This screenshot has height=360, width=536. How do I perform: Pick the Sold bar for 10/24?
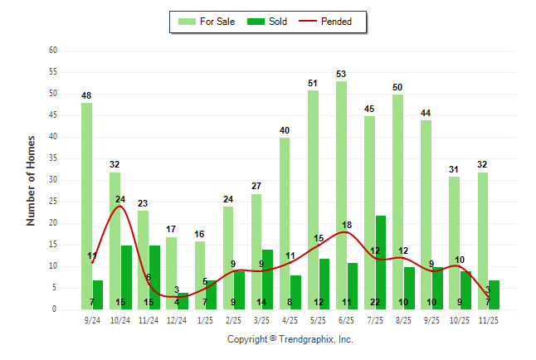point(126,277)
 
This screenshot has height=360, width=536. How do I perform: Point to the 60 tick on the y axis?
point(53,51)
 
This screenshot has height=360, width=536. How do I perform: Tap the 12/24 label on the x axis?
point(177,319)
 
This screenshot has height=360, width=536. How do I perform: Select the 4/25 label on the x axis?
point(290,319)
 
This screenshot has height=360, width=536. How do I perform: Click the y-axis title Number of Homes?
point(32,180)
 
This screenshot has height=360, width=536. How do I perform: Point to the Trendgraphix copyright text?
point(290,339)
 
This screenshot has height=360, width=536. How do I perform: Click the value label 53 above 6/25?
point(341,74)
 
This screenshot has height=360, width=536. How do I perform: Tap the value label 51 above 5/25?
point(313,83)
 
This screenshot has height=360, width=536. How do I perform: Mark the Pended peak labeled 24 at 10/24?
point(120,200)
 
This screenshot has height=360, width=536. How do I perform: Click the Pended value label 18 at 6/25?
point(347,225)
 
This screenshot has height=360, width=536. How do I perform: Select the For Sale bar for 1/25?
point(200,275)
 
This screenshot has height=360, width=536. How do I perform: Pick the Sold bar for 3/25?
point(267,280)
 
